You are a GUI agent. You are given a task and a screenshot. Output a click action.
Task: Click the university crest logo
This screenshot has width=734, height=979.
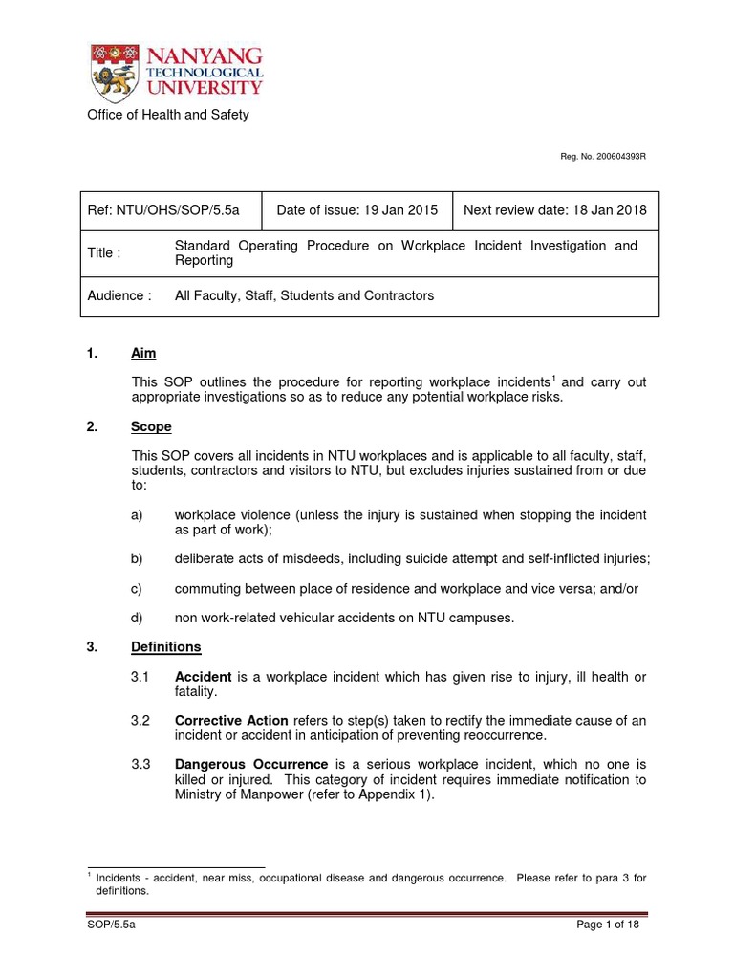pyautogui.click(x=111, y=73)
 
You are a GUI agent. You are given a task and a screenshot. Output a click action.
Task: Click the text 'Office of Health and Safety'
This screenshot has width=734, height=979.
pyautogui.click(x=168, y=115)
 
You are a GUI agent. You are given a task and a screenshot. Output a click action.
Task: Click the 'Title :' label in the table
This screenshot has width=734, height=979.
pyautogui.click(x=104, y=253)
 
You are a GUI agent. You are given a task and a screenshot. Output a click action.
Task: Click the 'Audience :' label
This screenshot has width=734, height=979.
pyautogui.click(x=119, y=295)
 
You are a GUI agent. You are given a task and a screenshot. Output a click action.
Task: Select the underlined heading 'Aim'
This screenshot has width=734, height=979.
pyautogui.click(x=141, y=354)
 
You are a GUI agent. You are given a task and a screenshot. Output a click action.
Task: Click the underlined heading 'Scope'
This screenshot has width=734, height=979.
pyautogui.click(x=151, y=427)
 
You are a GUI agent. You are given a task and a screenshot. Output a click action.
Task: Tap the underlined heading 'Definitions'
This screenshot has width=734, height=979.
pyautogui.click(x=165, y=647)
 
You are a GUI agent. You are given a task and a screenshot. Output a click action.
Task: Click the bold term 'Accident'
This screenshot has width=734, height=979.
pyautogui.click(x=204, y=677)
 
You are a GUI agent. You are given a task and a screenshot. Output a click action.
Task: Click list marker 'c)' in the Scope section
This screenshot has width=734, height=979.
pyautogui.click(x=137, y=589)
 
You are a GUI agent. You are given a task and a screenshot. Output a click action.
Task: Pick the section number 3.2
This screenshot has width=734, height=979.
pyautogui.click(x=140, y=722)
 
